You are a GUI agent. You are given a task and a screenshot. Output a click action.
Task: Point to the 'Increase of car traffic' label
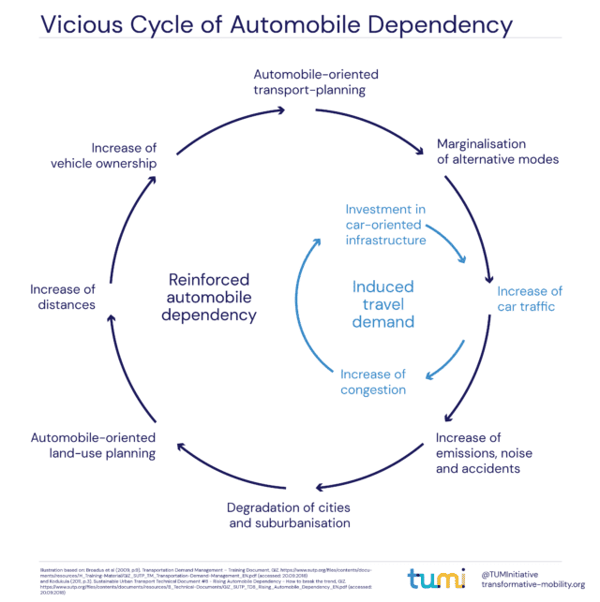point(529,299)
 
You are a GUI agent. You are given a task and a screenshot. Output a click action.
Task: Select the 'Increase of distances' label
point(63,297)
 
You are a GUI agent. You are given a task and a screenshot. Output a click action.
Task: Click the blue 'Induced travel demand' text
point(382,304)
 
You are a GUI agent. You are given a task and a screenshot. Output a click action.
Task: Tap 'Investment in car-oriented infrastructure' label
point(385,225)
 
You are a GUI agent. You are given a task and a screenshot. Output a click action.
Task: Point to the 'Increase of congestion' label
point(372,382)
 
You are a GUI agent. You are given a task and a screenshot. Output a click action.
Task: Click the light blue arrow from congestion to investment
point(302,300)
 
